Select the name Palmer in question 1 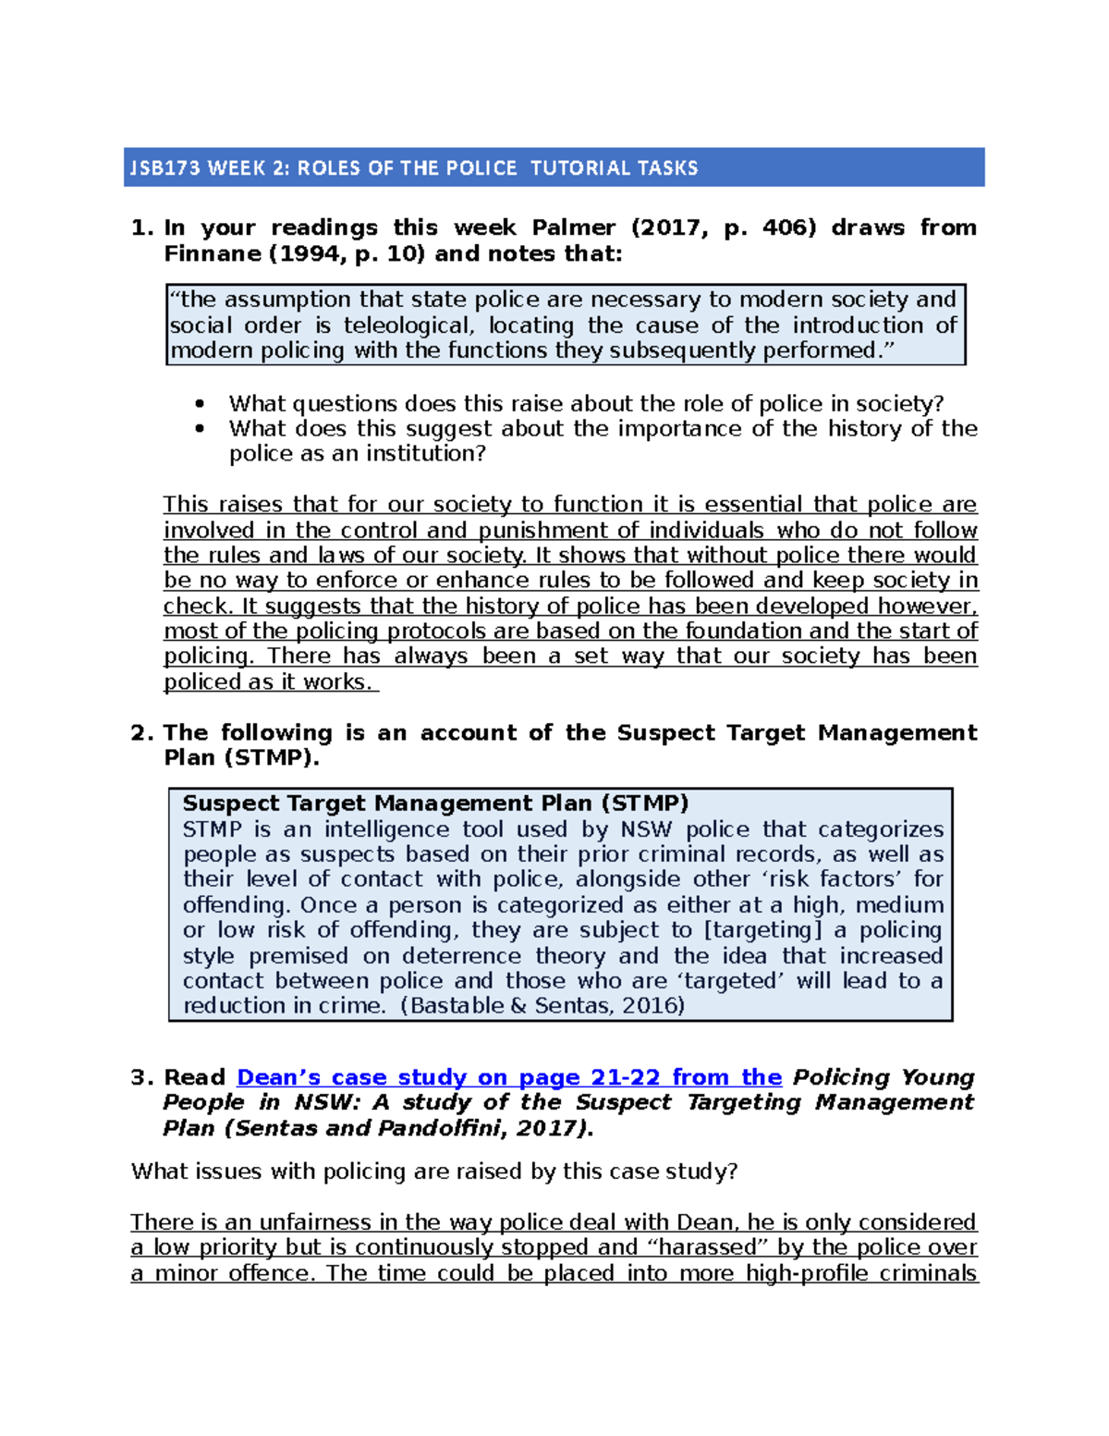tap(573, 227)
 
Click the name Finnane tap(211, 253)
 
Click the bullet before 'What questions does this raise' tap(199, 404)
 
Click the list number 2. tap(140, 732)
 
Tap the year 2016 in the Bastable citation tap(651, 1006)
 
